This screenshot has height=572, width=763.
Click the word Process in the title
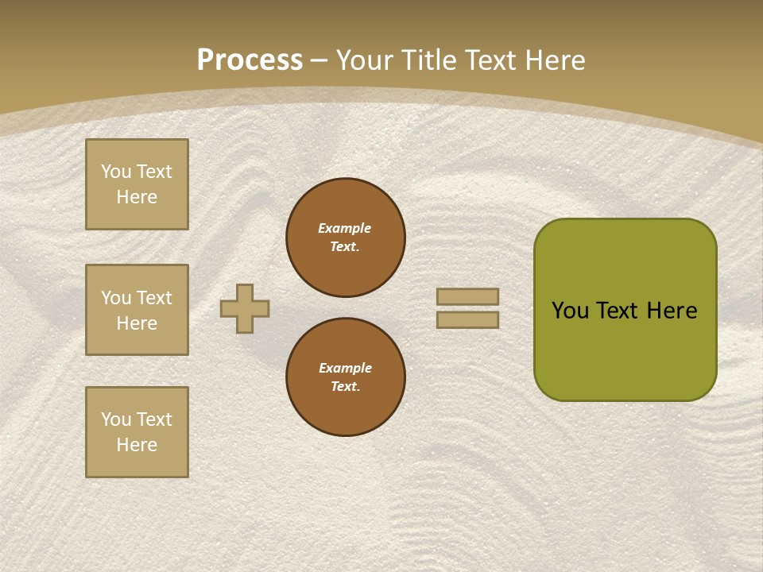[250, 60]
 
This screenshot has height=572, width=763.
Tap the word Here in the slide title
[553, 60]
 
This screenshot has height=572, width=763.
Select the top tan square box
[137, 184]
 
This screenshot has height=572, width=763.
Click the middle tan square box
[137, 310]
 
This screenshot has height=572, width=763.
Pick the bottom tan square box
[137, 432]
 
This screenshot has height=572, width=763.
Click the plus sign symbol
[245, 308]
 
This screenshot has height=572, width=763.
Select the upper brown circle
[345, 237]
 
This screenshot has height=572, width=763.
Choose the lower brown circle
[345, 377]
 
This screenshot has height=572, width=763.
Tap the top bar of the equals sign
[467, 296]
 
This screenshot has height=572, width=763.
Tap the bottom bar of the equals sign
[467, 319]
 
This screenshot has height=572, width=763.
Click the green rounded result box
[625, 310]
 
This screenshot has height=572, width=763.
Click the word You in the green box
[570, 311]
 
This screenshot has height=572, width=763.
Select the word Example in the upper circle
[344, 228]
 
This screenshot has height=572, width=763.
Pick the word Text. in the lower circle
[345, 386]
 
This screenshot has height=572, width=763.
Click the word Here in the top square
[137, 197]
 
